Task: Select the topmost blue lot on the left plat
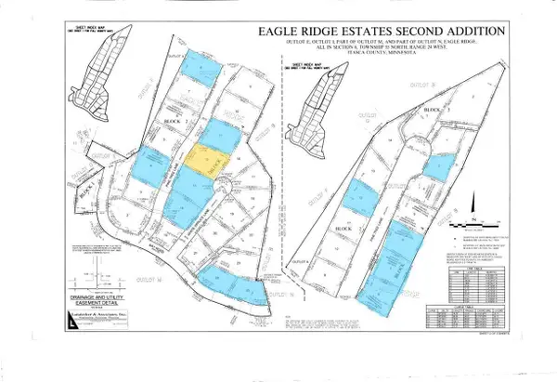pyautogui.click(x=202, y=66)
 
